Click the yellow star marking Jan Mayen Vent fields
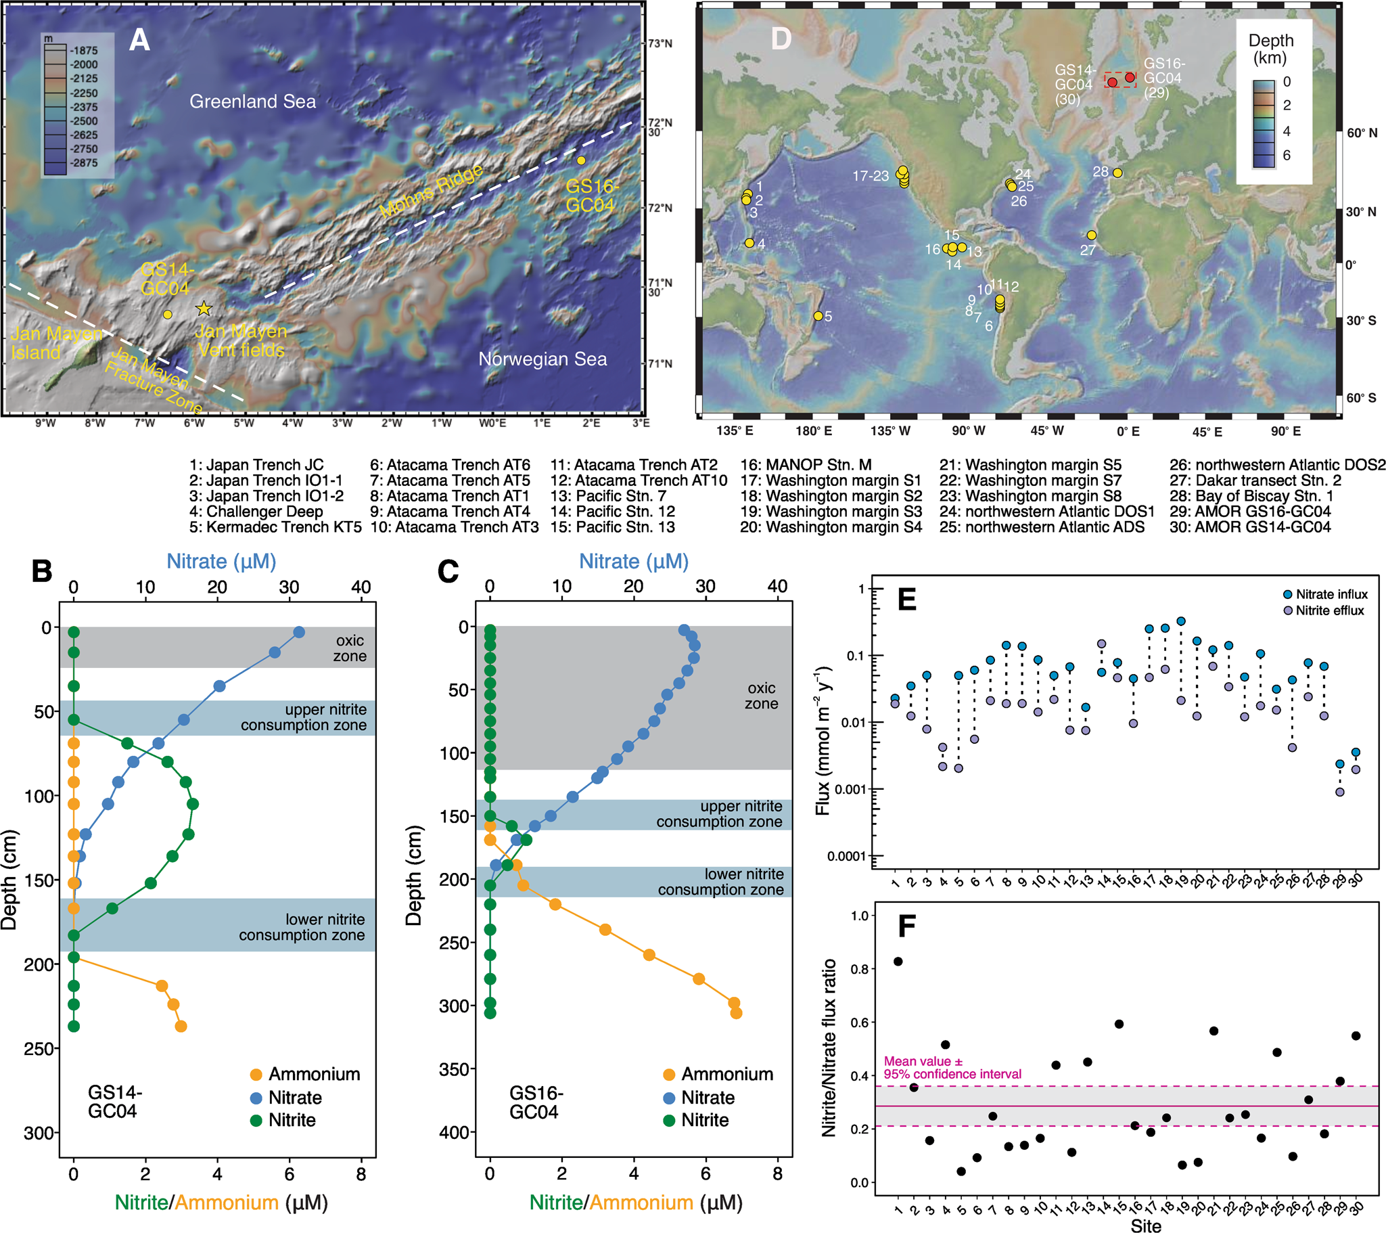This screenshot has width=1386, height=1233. coord(204,309)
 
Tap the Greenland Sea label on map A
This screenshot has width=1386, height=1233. coord(252,102)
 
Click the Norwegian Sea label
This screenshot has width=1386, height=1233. coord(542,359)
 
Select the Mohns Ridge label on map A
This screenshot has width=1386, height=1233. coord(432,192)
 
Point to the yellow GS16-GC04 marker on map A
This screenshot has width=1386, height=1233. coord(581,161)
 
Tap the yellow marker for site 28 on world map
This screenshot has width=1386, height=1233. coord(1117,173)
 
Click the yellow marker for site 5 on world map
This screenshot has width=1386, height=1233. coord(818,316)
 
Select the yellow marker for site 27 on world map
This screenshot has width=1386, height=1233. coord(1091,236)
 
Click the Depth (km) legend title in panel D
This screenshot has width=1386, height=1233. coord(1271,49)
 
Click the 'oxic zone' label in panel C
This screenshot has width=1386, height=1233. coord(761,696)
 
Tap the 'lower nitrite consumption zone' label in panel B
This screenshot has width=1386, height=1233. coord(302,927)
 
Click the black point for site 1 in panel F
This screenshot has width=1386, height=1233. coord(898,961)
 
